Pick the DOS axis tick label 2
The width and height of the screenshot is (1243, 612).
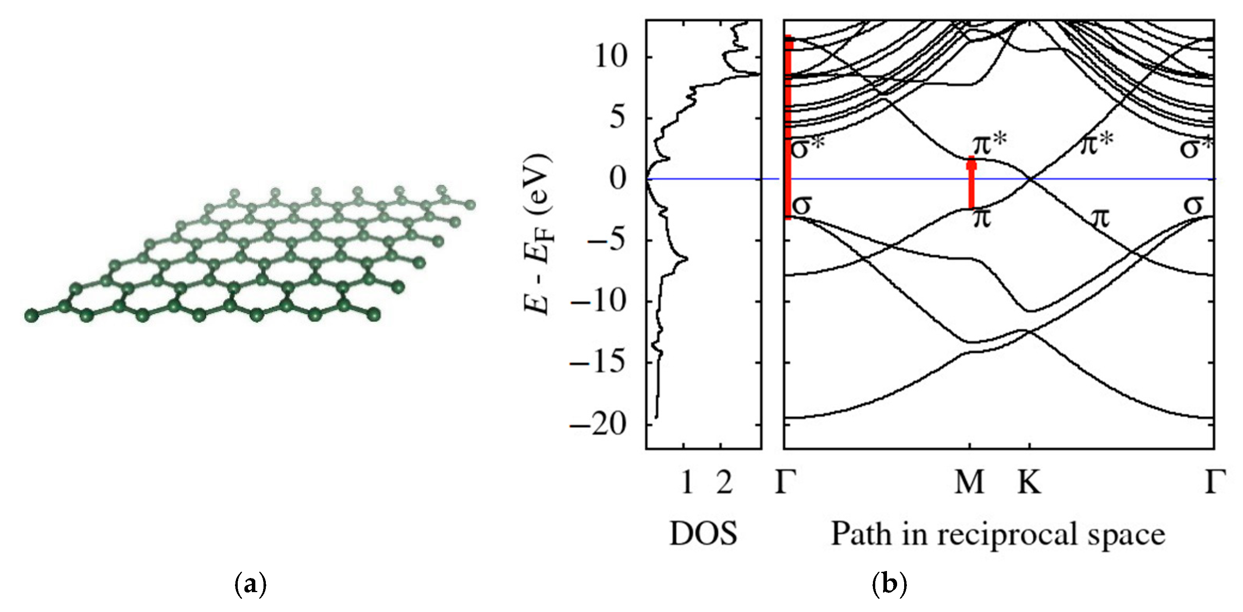coord(724,482)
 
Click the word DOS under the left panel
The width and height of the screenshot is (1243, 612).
coord(703,534)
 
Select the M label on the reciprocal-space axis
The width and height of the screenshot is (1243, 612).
coord(969,482)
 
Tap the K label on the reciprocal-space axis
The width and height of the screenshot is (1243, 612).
coord(1029,482)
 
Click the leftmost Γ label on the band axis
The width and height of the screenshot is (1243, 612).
coord(785,482)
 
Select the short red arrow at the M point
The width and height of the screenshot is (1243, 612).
coord(971,183)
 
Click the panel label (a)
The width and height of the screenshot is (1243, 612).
coord(250,585)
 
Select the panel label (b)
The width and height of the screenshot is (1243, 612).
coord(890,585)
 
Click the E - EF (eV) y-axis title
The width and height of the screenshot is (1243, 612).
coord(538,234)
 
